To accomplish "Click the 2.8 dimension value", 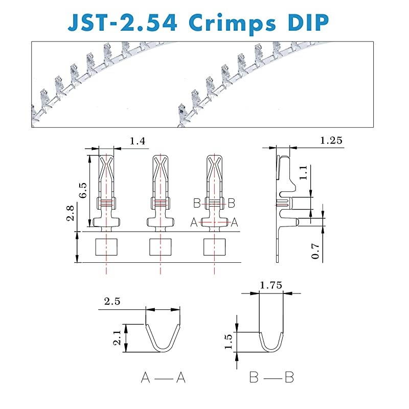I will click(72, 211).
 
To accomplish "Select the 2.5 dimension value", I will click(112, 302).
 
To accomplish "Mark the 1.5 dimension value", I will click(229, 341).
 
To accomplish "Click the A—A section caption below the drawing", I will click(163, 378).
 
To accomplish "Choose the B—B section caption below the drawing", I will click(271, 378).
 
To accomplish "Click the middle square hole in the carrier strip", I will click(160, 247).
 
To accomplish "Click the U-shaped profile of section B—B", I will click(271, 342).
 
